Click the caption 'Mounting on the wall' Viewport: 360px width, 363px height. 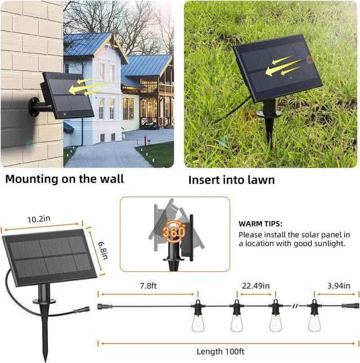click(x=64, y=180)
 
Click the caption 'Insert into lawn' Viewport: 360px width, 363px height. click(x=231, y=180)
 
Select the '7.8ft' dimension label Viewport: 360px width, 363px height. click(x=148, y=286)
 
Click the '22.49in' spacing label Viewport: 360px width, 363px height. click(x=256, y=286)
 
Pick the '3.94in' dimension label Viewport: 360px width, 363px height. click(x=341, y=286)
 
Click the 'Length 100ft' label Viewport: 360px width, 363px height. click(x=220, y=352)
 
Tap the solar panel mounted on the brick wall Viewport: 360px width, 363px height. click(x=69, y=95)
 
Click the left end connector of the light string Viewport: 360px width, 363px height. click(x=102, y=306)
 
